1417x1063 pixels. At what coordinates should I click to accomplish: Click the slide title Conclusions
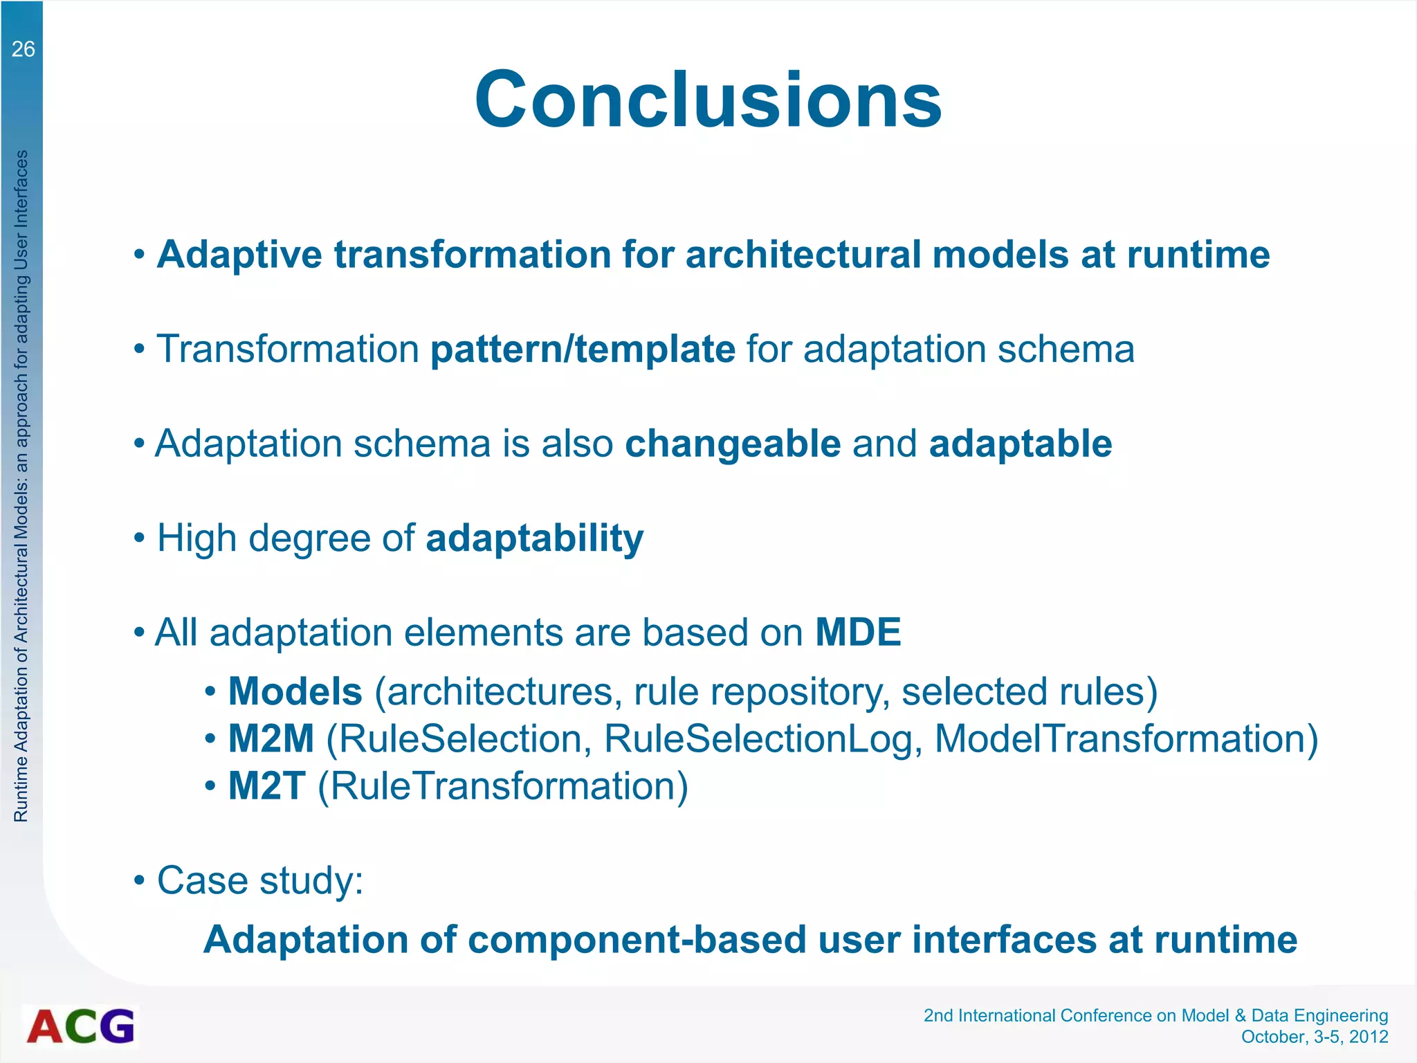pyautogui.click(x=708, y=100)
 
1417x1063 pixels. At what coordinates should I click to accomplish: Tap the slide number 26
pyautogui.click(x=23, y=49)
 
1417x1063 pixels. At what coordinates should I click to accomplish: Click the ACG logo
pyautogui.click(x=81, y=1026)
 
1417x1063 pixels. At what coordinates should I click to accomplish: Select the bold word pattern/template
pyautogui.click(x=583, y=349)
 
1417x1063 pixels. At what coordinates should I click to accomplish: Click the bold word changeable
pyautogui.click(x=733, y=444)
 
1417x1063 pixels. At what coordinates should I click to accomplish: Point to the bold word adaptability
pyautogui.click(x=534, y=538)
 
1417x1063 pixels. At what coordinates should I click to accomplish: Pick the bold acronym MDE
pyautogui.click(x=858, y=633)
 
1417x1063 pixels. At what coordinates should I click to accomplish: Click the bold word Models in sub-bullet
pyautogui.click(x=295, y=691)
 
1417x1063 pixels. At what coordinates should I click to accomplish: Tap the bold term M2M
pyautogui.click(x=271, y=738)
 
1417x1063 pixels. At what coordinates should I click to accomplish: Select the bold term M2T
pyautogui.click(x=267, y=786)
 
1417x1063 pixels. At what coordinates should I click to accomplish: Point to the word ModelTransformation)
pyautogui.click(x=1126, y=738)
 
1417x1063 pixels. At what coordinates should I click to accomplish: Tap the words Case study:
pyautogui.click(x=260, y=881)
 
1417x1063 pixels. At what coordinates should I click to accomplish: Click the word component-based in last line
pyautogui.click(x=637, y=940)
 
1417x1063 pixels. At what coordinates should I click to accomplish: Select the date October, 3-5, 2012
pyautogui.click(x=1314, y=1037)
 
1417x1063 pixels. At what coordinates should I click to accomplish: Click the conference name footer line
pyautogui.click(x=1155, y=1015)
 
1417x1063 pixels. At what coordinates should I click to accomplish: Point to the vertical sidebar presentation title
pyautogui.click(x=21, y=484)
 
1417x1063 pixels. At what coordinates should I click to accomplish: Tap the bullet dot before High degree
pyautogui.click(x=140, y=538)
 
